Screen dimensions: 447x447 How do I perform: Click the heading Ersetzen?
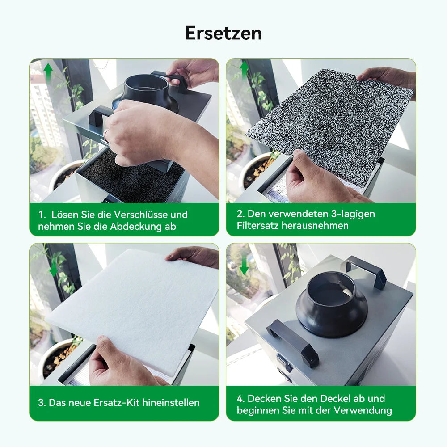pos(223,33)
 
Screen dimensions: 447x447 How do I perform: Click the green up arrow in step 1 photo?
pos(48,72)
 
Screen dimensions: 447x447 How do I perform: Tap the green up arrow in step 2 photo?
pos(244,70)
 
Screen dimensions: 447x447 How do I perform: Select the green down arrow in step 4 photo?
pos(244,266)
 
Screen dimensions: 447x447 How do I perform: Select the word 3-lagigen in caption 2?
pos(352,214)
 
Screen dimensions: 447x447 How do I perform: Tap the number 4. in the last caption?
pos(241,398)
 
